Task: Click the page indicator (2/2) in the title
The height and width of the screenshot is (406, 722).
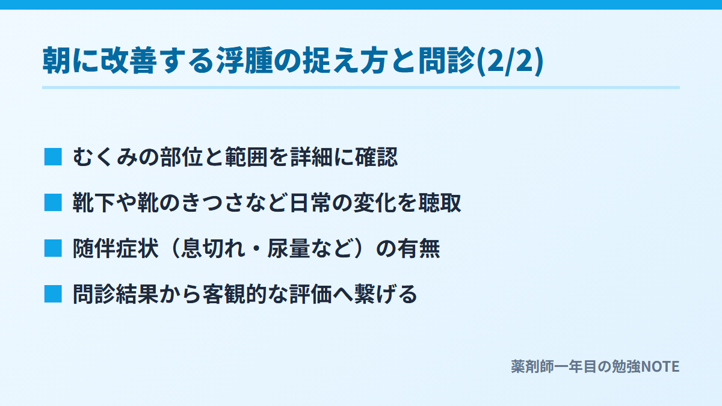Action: [x=510, y=61]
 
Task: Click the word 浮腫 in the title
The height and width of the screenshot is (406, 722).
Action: [x=245, y=60]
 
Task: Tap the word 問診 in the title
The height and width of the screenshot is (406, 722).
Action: [x=447, y=60]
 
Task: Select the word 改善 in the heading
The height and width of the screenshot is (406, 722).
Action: [x=128, y=60]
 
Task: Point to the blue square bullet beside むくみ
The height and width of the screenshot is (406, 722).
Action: [x=53, y=157]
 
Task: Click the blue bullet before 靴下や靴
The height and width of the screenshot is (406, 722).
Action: [x=53, y=203]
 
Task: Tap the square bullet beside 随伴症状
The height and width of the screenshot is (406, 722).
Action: [x=53, y=248]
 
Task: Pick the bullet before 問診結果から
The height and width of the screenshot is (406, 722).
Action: [x=53, y=294]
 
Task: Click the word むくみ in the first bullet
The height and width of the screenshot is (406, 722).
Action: [x=105, y=157]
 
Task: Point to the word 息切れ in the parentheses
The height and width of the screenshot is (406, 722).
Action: [x=214, y=248]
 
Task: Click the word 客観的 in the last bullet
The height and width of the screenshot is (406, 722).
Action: [x=235, y=294]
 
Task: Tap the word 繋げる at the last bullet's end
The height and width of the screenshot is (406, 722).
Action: [x=386, y=294]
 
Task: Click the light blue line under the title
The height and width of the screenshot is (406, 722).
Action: [x=361, y=87]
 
